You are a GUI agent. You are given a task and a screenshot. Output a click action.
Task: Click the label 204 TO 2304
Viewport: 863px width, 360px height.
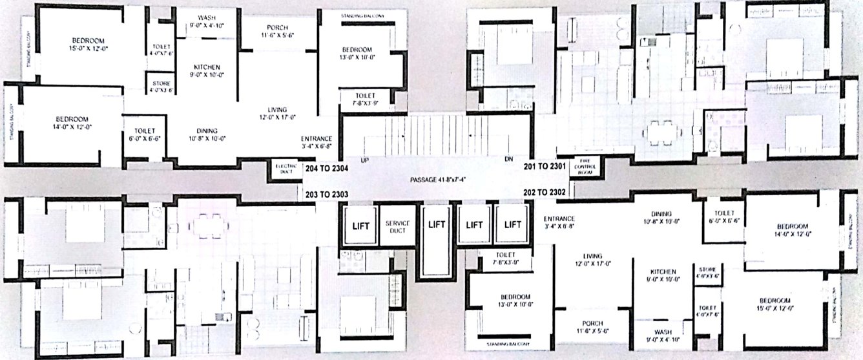click(326, 168)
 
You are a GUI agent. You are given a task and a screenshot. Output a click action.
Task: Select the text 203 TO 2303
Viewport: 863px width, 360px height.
click(326, 194)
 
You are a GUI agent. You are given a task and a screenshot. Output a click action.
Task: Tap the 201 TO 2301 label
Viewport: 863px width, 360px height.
click(544, 166)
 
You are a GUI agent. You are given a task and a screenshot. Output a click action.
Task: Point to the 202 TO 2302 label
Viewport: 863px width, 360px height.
click(544, 191)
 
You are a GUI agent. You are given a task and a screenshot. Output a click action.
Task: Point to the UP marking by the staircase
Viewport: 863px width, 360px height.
click(365, 160)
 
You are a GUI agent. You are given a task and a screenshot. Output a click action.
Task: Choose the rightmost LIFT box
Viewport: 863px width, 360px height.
click(513, 225)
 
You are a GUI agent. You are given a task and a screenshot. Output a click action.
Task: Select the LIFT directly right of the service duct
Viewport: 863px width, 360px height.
click(437, 226)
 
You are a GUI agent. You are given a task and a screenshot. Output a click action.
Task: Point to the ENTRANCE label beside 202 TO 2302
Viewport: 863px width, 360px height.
click(559, 222)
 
